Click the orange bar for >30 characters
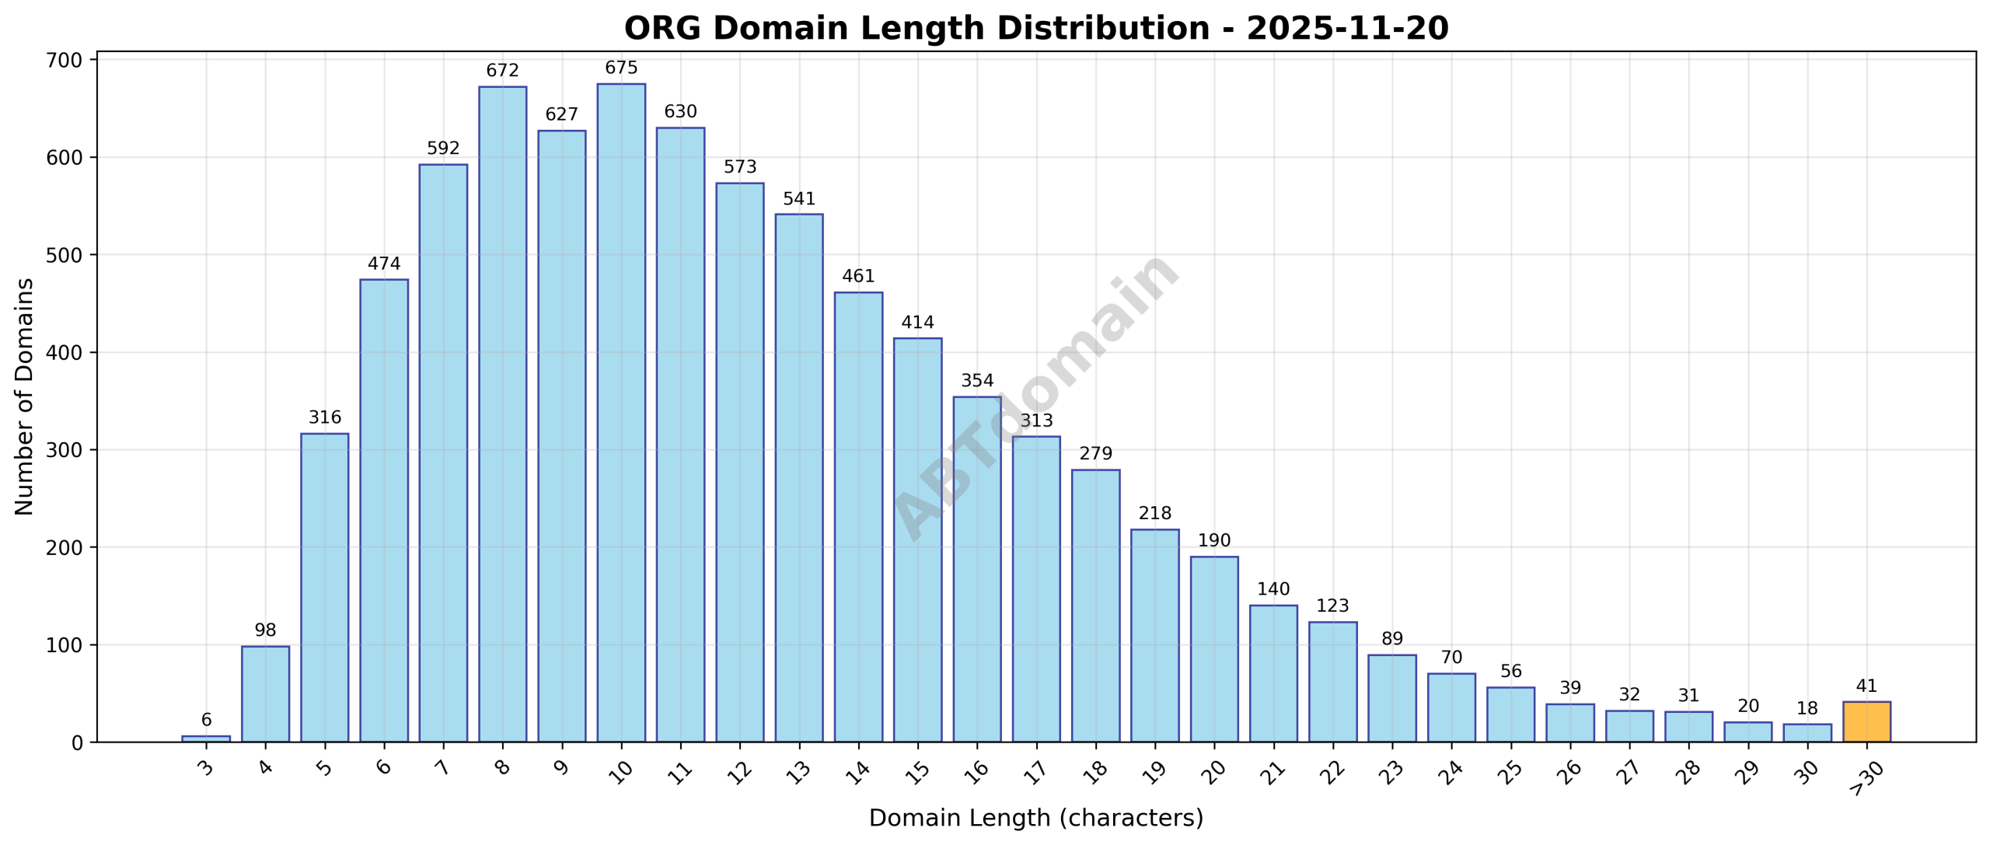point(1866,721)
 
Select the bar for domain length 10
point(621,412)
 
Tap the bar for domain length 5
point(324,587)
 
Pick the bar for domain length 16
point(977,569)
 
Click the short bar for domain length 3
point(206,739)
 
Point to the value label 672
point(502,71)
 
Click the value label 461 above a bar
point(858,276)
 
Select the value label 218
point(1154,513)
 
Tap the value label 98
point(265,630)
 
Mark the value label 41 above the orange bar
point(1866,686)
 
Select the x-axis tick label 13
point(798,771)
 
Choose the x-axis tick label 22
point(1332,771)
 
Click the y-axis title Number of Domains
point(25,396)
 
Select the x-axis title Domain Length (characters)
point(1035,818)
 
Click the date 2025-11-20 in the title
point(1347,29)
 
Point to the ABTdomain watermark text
point(1035,396)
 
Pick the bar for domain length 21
point(1273,673)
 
